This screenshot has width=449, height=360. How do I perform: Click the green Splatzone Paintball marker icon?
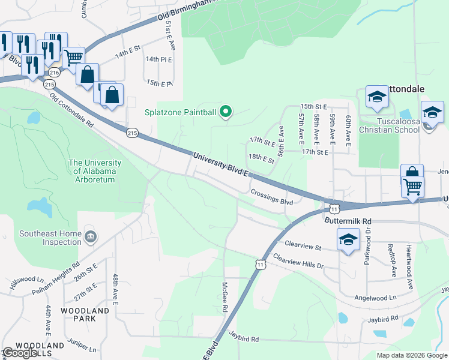pos(226,111)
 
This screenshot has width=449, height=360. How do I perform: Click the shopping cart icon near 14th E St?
pos(73,58)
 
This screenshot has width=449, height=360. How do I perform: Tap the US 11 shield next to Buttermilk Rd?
pos(334,208)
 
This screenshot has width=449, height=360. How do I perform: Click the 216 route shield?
pos(55,73)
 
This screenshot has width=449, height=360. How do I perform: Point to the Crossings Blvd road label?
pos(271,198)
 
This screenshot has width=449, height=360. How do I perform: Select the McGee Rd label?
pos(224,298)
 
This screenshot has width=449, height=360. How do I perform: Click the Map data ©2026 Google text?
pos(411,355)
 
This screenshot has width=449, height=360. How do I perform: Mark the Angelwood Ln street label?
pos(376,297)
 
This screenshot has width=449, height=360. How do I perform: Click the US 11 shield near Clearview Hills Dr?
pos(259,264)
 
